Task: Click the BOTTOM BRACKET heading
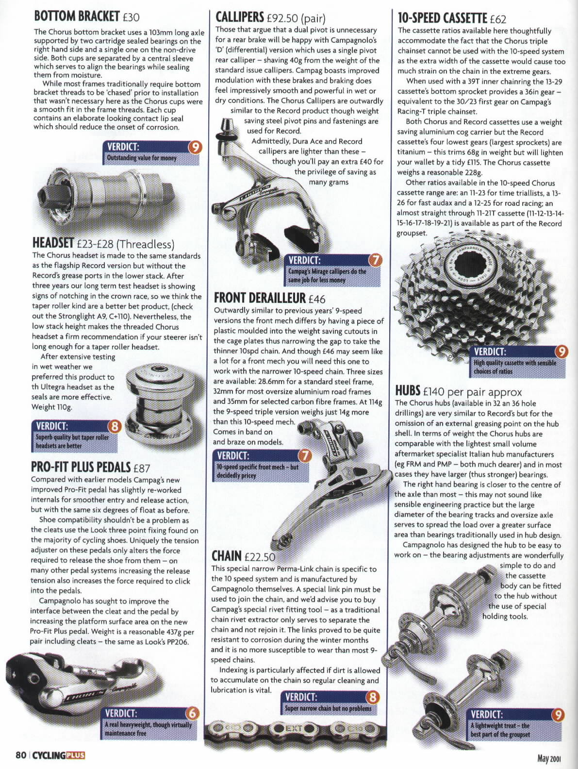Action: pos(77,16)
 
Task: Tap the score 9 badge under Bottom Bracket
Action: pos(195,147)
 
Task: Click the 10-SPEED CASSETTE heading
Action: pos(442,18)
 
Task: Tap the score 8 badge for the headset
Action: pos(115,427)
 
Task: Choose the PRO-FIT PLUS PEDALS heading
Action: pos(81,467)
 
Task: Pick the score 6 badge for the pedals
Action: pos(193,713)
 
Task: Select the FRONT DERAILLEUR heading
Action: pos(260,298)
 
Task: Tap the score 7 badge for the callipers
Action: pos(375,260)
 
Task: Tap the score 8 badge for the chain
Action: pos(372,697)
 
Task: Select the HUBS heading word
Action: pos(407,390)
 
